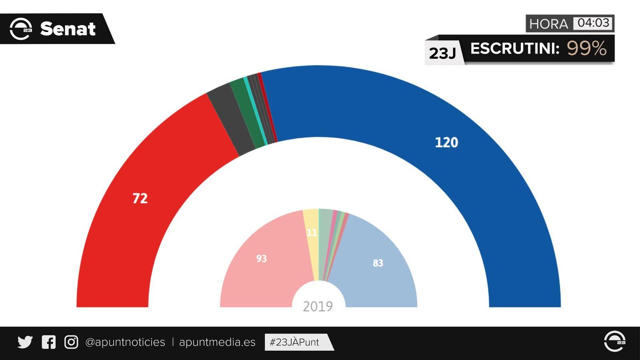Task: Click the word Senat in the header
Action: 68,29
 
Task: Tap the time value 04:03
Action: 593,23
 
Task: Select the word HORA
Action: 548,24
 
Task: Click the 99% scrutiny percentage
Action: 586,48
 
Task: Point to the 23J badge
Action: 442,53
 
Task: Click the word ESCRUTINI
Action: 514,48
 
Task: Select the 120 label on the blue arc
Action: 446,142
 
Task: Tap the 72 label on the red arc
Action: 140,198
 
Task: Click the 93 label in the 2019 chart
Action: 261,258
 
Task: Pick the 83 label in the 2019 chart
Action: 378,263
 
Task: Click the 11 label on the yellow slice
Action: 312,232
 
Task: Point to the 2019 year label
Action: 318,306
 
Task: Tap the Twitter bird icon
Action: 25,342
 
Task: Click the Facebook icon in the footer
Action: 49,342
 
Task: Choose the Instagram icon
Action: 71,342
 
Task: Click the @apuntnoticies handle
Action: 125,342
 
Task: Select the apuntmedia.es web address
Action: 217,342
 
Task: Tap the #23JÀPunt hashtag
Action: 294,342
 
